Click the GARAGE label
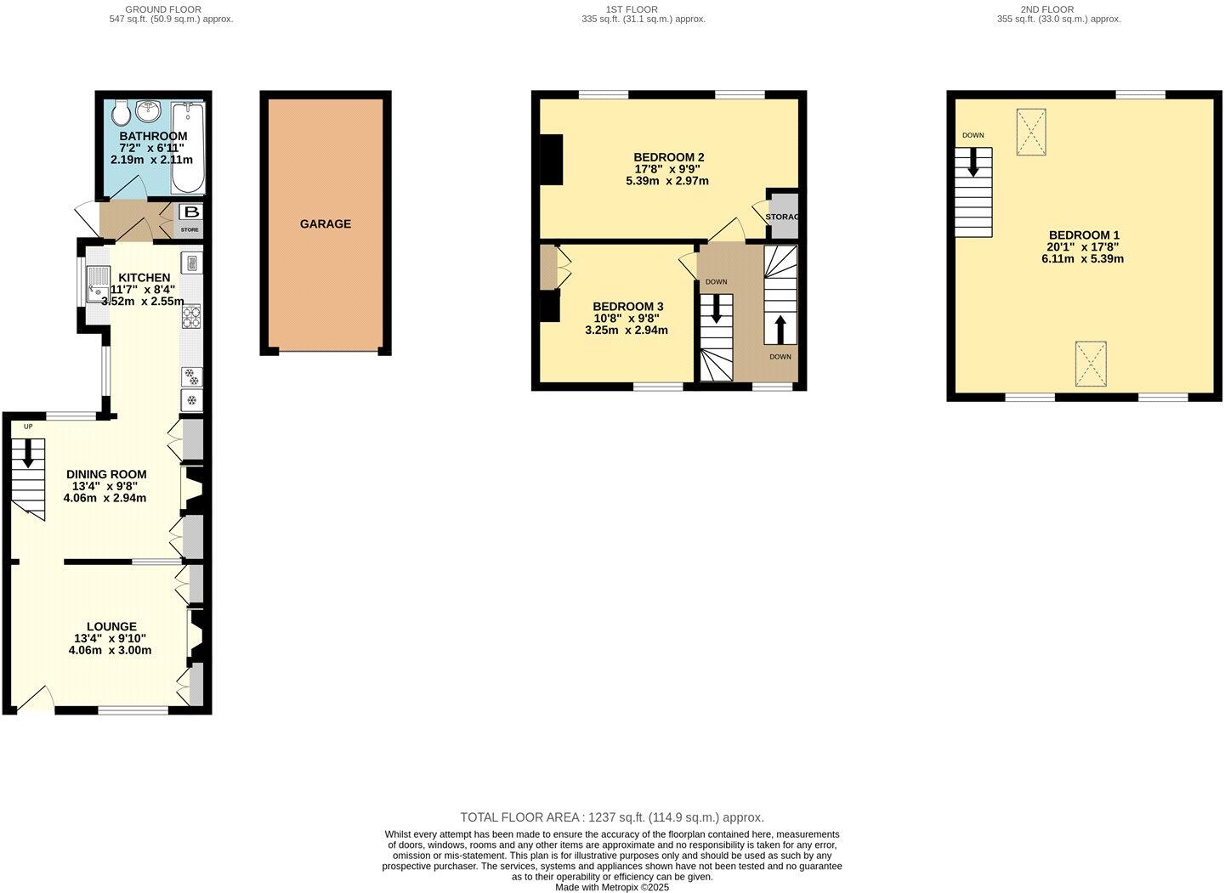[325, 224]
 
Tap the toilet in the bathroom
[120, 110]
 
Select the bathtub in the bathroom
[187, 148]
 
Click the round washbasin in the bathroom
[150, 110]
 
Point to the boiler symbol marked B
[191, 212]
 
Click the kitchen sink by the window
[97, 284]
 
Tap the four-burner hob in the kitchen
[191, 317]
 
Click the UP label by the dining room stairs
[28, 427]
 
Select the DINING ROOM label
[106, 475]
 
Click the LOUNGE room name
[111, 627]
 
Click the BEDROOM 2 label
[668, 157]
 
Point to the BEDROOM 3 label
[627, 307]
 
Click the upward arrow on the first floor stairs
[780, 328]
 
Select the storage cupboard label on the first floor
[782, 218]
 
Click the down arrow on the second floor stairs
[973, 162]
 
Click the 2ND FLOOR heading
[1046, 9]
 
